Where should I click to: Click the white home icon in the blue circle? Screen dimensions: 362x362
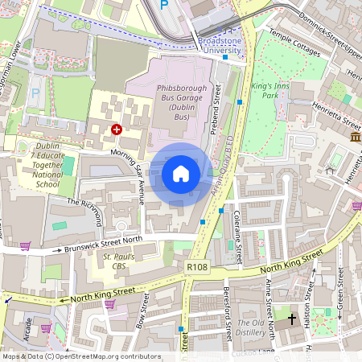coord(181,173)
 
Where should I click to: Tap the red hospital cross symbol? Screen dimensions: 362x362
coord(117,129)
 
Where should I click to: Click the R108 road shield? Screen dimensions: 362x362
coord(196,265)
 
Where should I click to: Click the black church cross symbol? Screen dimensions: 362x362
coord(291,319)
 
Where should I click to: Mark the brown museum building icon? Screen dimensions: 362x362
coord(355,139)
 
